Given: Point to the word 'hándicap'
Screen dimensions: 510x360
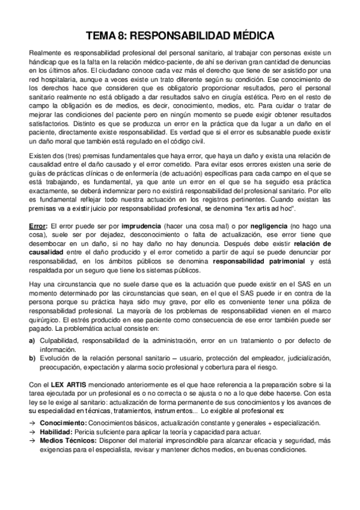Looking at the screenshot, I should tap(42, 63).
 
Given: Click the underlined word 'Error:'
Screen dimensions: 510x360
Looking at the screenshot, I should tap(38, 225).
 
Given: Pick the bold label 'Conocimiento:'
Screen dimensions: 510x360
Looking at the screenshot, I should tap(60, 423).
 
